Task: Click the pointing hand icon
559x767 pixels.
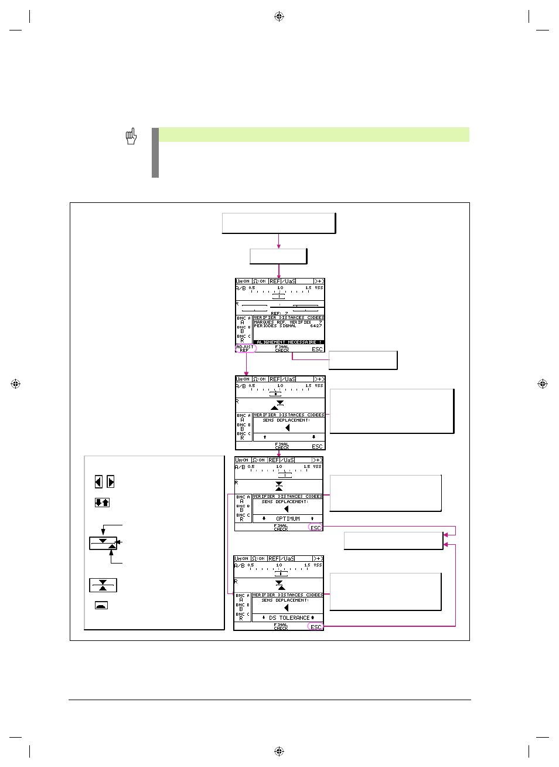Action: (x=131, y=137)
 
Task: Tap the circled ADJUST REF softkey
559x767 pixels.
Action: (x=245, y=348)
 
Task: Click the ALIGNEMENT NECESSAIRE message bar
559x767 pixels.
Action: (x=289, y=342)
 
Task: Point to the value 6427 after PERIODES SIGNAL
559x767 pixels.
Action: (x=316, y=326)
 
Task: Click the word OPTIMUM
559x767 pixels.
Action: (x=288, y=519)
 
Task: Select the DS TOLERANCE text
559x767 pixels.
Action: (x=289, y=618)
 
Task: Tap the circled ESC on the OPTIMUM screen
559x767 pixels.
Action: (x=315, y=528)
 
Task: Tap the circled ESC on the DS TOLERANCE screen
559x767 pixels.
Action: (x=315, y=627)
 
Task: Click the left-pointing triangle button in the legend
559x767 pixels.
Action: (x=98, y=482)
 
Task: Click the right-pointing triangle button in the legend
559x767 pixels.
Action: (x=111, y=482)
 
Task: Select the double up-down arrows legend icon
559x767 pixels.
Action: (x=102, y=503)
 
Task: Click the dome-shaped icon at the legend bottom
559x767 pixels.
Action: (x=101, y=605)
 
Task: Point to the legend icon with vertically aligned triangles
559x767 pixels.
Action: (x=103, y=585)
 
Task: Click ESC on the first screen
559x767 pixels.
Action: (x=317, y=349)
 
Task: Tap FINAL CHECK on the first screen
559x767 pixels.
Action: (x=282, y=348)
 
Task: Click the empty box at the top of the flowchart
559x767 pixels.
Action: (x=278, y=223)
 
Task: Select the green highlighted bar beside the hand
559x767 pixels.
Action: (x=313, y=135)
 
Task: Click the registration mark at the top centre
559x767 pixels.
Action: (x=279, y=16)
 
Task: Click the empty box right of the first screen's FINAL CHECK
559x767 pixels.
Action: (x=363, y=360)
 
